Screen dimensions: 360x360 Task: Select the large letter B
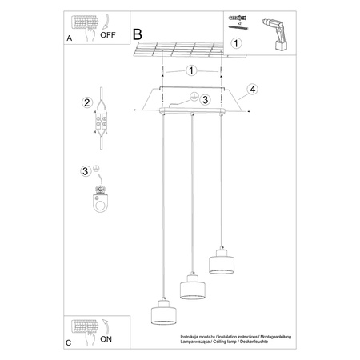click(137, 34)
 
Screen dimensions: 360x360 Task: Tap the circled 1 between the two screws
click(190, 70)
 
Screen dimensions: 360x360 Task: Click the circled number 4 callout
click(251, 89)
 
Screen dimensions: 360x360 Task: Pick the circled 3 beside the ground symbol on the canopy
click(205, 99)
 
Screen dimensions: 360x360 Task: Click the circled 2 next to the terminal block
click(86, 102)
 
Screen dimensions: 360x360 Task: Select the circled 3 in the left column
click(86, 171)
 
